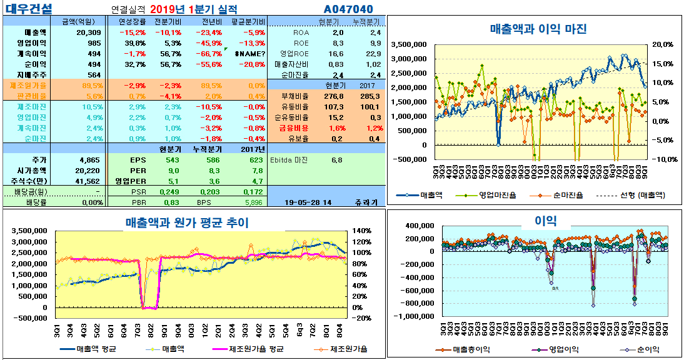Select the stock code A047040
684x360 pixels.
pos(348,9)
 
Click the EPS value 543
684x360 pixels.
pos(173,160)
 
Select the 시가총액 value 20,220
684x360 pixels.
pos(88,171)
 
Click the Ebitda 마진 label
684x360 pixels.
pos(288,160)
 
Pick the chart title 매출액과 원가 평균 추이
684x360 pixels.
pos(188,222)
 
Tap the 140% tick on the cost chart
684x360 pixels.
pos(363,231)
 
